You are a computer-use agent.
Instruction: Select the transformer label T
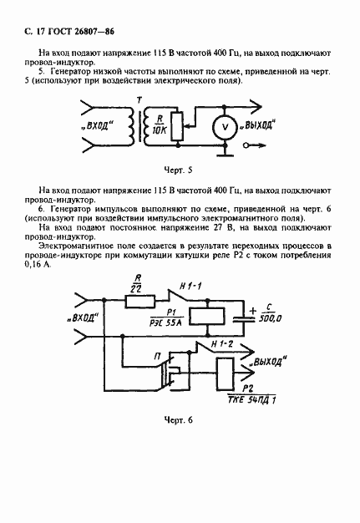[139, 100]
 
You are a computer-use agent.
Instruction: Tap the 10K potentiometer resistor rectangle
[177, 126]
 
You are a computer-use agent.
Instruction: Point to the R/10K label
[160, 124]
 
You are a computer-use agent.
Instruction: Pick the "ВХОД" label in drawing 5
[98, 126]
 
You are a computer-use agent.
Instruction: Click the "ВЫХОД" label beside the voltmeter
[258, 125]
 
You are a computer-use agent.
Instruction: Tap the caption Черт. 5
[179, 170]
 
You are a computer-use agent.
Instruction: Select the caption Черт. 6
[179, 419]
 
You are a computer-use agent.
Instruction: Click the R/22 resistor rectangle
[140, 302]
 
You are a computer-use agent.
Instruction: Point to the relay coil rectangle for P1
[206, 317]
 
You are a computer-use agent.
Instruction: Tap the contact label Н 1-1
[190, 287]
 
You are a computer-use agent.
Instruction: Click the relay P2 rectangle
[225, 374]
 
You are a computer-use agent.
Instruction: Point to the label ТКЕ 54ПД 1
[251, 399]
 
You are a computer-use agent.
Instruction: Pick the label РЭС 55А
[165, 322]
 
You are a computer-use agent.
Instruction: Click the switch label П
[157, 357]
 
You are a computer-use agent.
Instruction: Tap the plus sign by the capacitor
[252, 311]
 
